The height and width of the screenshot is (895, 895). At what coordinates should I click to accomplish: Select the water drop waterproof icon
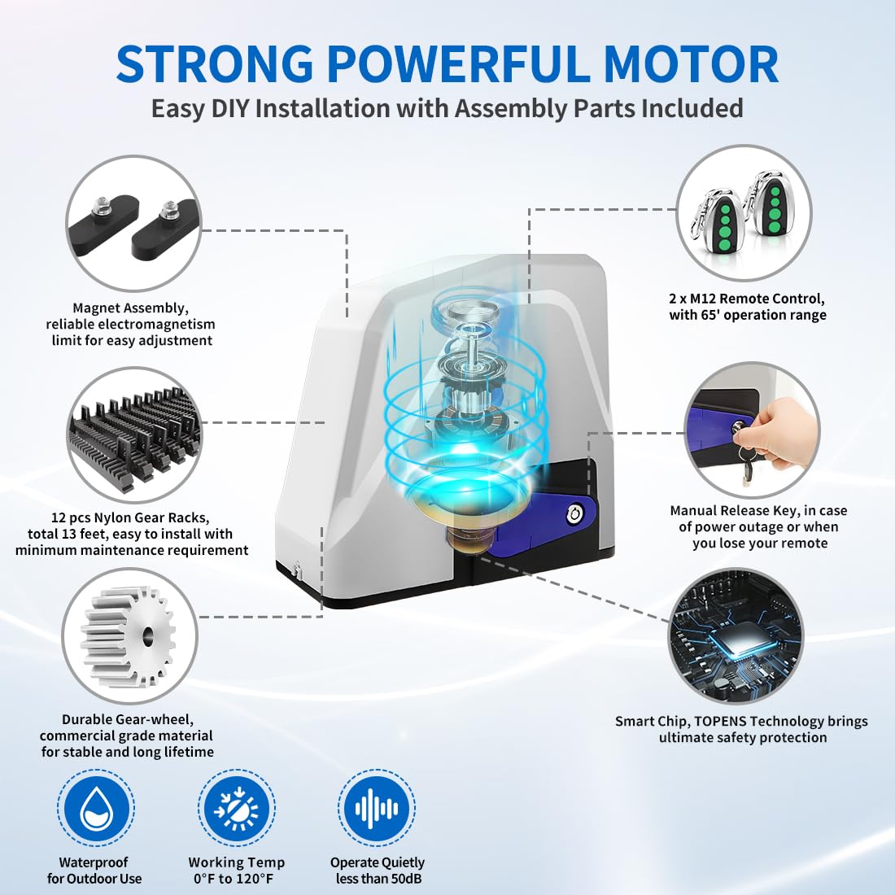96,808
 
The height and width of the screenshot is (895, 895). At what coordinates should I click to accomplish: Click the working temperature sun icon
236,808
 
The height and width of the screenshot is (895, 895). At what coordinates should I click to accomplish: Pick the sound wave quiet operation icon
377,808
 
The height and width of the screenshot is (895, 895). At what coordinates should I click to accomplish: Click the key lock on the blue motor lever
575,513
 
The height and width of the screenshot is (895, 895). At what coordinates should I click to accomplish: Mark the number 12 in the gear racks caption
59,517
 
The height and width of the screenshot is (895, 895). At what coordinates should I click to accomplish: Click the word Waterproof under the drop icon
94,862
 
